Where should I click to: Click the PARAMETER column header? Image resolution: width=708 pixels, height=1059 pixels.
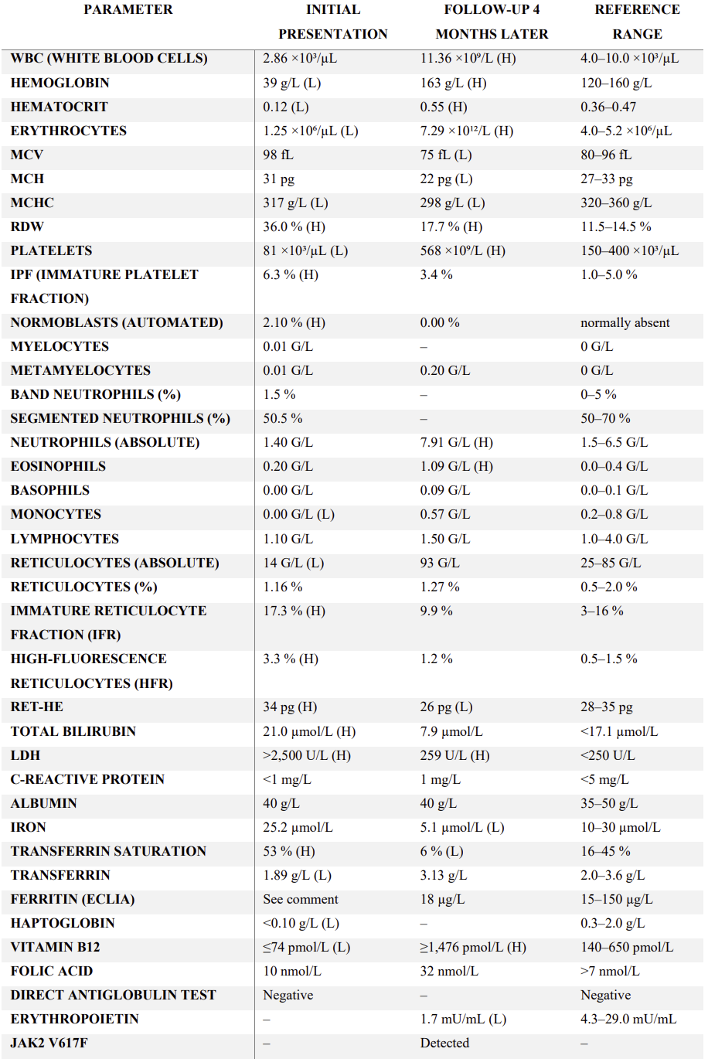128,9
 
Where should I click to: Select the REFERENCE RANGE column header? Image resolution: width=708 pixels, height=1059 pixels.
637,22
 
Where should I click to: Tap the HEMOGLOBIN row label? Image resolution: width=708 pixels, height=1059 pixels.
60,83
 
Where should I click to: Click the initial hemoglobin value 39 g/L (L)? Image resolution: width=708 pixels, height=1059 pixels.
291,83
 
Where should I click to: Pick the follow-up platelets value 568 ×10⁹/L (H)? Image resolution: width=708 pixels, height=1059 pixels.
463,250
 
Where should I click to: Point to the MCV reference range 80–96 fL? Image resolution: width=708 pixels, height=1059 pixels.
606,155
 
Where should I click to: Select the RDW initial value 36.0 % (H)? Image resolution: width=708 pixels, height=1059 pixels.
294,227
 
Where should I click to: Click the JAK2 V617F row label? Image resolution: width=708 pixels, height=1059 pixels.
49,1043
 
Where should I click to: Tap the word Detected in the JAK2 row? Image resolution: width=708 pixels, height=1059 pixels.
444,1043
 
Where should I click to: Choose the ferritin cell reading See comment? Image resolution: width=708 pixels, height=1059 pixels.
301,899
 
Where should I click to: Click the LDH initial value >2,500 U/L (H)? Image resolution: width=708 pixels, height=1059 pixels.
307,755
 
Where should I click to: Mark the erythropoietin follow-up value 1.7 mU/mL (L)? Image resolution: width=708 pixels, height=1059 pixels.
463,1019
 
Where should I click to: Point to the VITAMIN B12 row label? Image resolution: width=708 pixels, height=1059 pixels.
56,947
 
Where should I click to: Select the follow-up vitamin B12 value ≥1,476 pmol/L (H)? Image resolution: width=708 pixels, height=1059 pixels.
473,947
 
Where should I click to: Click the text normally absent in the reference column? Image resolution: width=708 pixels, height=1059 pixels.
625,322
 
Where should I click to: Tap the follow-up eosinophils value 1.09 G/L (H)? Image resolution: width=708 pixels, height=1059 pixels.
457,467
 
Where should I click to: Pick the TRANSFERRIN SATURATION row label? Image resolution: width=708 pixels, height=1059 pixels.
109,851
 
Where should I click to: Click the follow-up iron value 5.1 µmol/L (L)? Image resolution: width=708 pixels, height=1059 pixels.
462,827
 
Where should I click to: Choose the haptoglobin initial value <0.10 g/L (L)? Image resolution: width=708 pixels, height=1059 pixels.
301,923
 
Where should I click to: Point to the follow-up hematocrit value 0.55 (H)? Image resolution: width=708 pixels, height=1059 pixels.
444,107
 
